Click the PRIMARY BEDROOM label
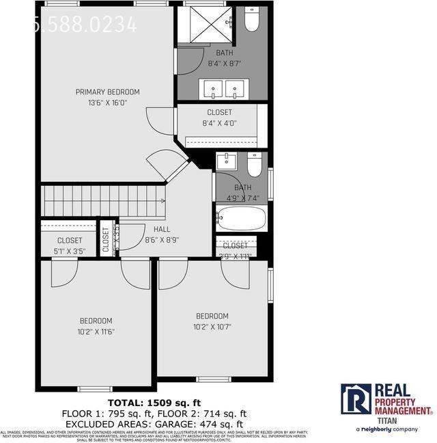107,92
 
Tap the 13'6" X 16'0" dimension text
107,103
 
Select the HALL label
162,230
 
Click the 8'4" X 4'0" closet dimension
219,123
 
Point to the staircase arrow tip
164,201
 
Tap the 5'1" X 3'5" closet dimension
69,252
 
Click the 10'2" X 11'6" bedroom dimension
96,332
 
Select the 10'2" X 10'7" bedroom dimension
212,327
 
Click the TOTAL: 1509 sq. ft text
154,402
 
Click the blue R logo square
355,399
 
